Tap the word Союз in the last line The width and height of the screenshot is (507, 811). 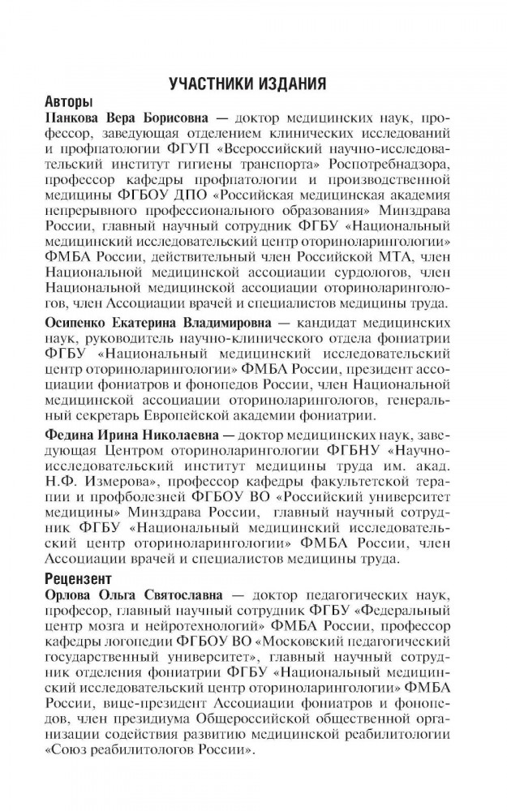coord(70,751)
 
